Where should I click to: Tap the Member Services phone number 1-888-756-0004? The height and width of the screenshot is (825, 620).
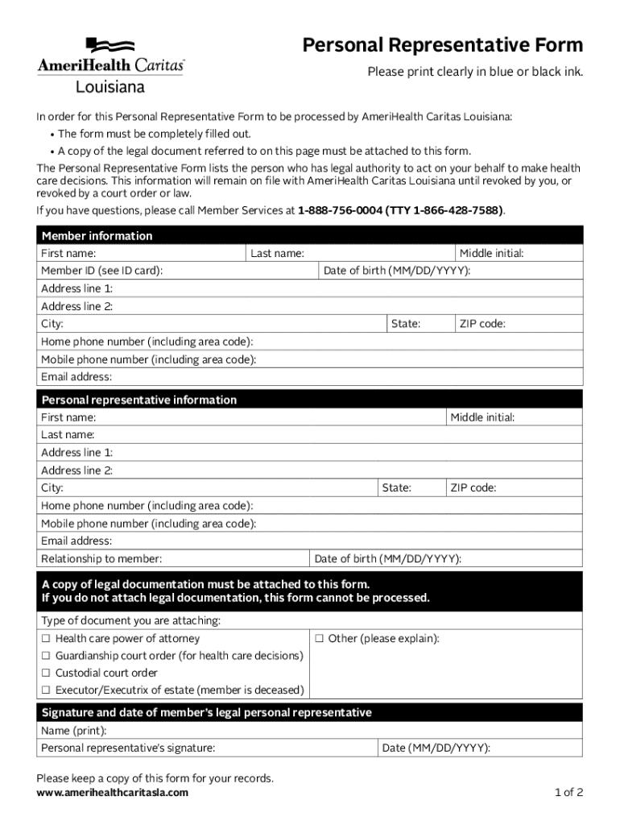pyautogui.click(x=339, y=210)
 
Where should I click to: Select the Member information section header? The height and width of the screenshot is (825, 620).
pyautogui.click(x=97, y=236)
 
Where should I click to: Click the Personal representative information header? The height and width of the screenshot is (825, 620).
pyautogui.click(x=138, y=400)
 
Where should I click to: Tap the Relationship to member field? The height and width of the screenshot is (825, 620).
pyautogui.click(x=234, y=559)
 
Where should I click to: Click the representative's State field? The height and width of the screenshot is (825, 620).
pyautogui.click(x=426, y=488)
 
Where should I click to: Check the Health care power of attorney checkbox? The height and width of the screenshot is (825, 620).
pyautogui.click(x=47, y=639)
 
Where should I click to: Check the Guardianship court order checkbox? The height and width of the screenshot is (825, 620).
pyautogui.click(x=47, y=656)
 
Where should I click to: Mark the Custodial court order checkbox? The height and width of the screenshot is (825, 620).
pyautogui.click(x=47, y=673)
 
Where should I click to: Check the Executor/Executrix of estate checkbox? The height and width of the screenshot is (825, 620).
pyautogui.click(x=47, y=690)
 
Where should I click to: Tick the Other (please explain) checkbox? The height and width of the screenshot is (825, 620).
pyautogui.click(x=319, y=639)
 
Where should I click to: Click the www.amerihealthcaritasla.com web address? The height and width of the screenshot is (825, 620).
pyautogui.click(x=113, y=793)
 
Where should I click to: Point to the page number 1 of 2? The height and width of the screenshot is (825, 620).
pyautogui.click(x=568, y=793)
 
